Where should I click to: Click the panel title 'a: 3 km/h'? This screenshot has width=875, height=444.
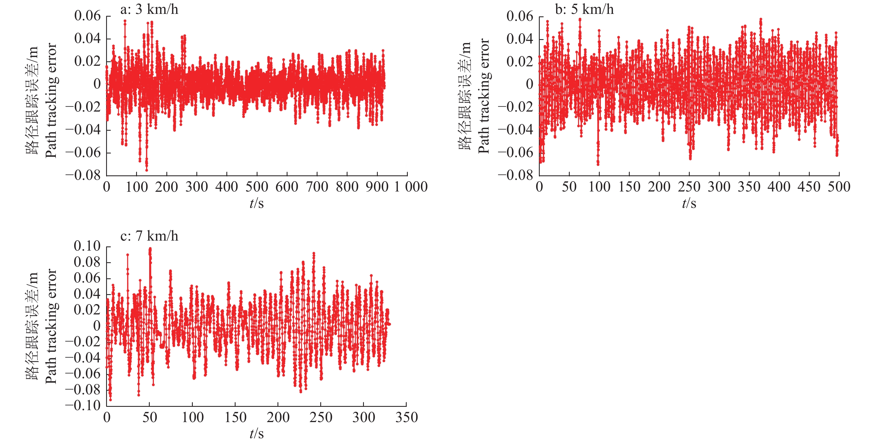149,9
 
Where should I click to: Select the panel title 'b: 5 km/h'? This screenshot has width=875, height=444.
584,9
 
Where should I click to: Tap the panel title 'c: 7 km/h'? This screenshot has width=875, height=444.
149,236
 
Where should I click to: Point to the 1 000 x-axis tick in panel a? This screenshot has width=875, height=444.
411,187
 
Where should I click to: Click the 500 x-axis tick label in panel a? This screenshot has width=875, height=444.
256,187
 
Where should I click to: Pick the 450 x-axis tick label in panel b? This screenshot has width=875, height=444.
809,187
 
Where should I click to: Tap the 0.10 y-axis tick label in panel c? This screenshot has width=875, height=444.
87,246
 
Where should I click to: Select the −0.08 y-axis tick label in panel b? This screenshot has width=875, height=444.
516,175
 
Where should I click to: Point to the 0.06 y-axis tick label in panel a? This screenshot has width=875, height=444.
87,16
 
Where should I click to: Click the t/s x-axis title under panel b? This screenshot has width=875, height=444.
689,204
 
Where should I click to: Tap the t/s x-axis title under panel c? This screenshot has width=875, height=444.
256,434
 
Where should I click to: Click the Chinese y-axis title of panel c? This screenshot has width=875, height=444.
32,326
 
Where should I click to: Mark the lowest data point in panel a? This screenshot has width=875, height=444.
146,170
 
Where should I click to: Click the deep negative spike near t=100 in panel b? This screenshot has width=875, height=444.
598,164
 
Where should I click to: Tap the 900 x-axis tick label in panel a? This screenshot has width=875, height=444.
377,187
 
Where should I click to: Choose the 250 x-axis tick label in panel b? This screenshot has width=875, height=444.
689,187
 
